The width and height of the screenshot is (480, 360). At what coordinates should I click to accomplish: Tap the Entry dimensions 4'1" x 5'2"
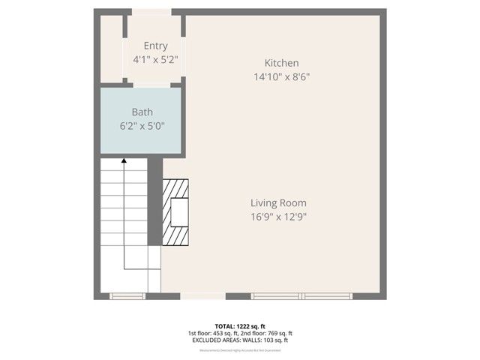[156, 58]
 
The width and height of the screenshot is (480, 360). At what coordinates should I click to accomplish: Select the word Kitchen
[282, 63]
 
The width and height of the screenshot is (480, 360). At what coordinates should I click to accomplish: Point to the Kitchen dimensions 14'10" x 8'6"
[282, 76]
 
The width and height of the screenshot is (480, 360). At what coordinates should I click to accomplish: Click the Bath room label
[142, 112]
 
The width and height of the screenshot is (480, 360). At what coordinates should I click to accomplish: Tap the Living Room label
[279, 202]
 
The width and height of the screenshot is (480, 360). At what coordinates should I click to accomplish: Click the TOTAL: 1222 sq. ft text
[240, 325]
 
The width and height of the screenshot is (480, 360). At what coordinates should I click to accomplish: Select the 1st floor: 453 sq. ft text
[213, 333]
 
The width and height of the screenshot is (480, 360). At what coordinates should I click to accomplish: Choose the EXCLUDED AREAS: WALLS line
[240, 340]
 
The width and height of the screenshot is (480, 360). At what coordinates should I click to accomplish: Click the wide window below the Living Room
[301, 296]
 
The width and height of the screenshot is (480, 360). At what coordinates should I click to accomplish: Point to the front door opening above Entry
[153, 12]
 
